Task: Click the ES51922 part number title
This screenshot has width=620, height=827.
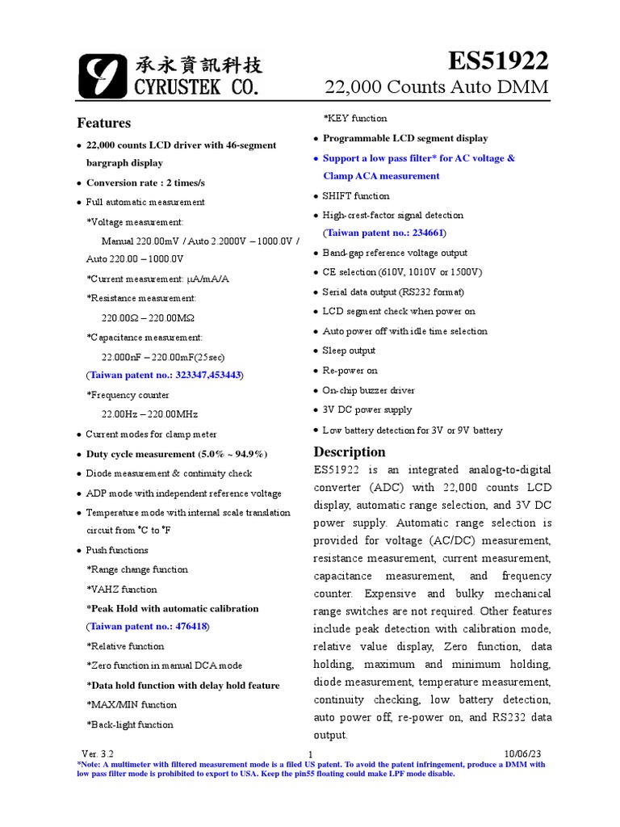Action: pyautogui.click(x=498, y=61)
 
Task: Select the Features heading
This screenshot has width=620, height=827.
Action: pyautogui.click(x=103, y=123)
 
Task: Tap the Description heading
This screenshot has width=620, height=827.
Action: pyautogui.click(x=350, y=451)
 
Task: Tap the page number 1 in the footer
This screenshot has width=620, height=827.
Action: pyautogui.click(x=310, y=754)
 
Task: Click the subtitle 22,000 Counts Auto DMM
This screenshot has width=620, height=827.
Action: pyautogui.click(x=437, y=87)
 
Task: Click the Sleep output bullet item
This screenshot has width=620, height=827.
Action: pyautogui.click(x=349, y=351)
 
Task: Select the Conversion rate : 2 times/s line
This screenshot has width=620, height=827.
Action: pyautogui.click(x=145, y=183)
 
